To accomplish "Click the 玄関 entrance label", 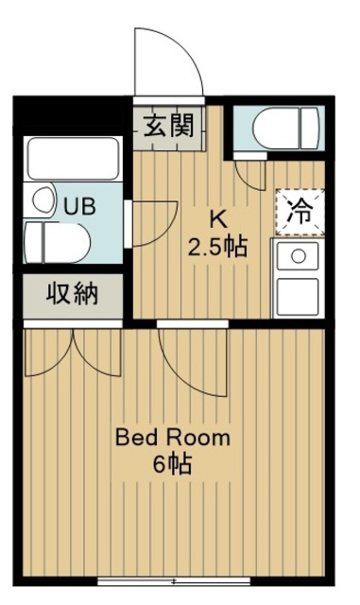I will point(170,127).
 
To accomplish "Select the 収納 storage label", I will point(73,295).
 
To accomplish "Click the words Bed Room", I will point(172,438).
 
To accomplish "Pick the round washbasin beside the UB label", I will point(42,200).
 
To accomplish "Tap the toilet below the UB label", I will point(57,242).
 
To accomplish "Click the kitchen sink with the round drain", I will point(299,256).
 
